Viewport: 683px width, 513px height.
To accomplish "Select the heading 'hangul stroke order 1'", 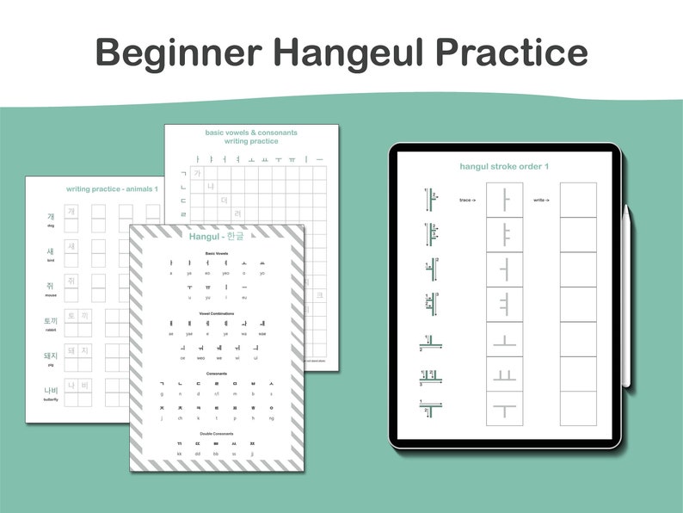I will coord(504,165).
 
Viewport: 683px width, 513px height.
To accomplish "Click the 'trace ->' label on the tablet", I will coord(468,200).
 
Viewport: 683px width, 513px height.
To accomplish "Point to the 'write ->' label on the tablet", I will coord(540,200).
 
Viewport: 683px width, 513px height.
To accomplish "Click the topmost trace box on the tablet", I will coord(505,200).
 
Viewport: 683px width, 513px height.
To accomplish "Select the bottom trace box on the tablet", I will coord(505,408).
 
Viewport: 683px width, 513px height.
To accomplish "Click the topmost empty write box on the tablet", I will coord(578,200).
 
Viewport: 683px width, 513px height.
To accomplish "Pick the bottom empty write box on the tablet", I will coord(578,408).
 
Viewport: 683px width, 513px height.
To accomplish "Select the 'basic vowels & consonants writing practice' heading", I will coord(250,137).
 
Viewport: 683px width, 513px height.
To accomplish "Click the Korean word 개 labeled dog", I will coord(51,216).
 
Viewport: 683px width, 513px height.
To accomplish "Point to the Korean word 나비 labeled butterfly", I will coord(51,391).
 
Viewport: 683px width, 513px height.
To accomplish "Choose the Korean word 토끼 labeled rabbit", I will coord(51,321).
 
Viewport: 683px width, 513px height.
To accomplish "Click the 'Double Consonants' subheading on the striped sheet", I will coord(216,434).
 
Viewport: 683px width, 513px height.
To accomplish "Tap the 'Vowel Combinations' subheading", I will coord(216,313).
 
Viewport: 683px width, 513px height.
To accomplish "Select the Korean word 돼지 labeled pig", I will coord(51,355).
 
